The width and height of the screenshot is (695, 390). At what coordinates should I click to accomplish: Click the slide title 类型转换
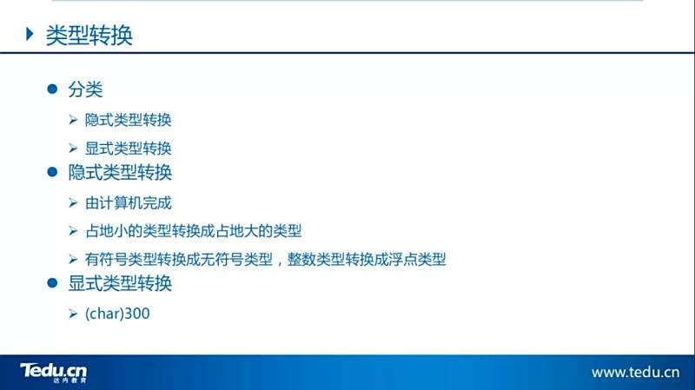click(x=89, y=35)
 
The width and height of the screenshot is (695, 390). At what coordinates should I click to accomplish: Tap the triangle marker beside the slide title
click(x=30, y=34)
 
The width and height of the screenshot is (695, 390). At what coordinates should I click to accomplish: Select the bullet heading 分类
click(x=85, y=89)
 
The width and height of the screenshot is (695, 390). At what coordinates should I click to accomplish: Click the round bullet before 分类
click(x=52, y=89)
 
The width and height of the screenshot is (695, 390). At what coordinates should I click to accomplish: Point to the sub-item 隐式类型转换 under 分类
click(x=128, y=120)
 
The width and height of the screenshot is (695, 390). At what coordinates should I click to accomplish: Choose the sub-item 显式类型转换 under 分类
click(x=128, y=148)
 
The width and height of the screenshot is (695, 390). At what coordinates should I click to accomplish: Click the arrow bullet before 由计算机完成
click(x=74, y=203)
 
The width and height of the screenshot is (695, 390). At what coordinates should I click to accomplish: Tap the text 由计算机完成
click(x=128, y=203)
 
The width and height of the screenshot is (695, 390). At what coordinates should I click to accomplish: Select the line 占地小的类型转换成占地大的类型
click(x=193, y=231)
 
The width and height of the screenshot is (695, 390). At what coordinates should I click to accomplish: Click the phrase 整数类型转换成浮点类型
click(x=367, y=259)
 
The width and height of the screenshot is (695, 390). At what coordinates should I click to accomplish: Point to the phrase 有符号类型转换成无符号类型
click(x=179, y=259)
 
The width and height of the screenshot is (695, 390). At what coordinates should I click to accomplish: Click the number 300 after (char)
click(x=137, y=314)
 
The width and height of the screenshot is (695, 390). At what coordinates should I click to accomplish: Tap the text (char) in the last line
click(x=104, y=314)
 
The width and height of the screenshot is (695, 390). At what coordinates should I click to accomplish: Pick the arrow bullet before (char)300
click(x=74, y=314)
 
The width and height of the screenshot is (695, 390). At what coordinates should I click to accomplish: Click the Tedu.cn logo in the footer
click(x=54, y=373)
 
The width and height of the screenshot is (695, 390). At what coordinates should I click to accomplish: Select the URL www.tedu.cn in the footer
click(x=635, y=373)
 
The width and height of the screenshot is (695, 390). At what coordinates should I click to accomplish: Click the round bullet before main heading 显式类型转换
click(x=52, y=283)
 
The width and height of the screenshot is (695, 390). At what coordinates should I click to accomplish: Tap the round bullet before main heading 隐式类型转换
click(x=52, y=171)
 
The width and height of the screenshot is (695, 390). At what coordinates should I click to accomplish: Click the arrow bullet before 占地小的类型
click(x=74, y=231)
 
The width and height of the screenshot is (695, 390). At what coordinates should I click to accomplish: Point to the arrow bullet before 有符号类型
click(x=74, y=259)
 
